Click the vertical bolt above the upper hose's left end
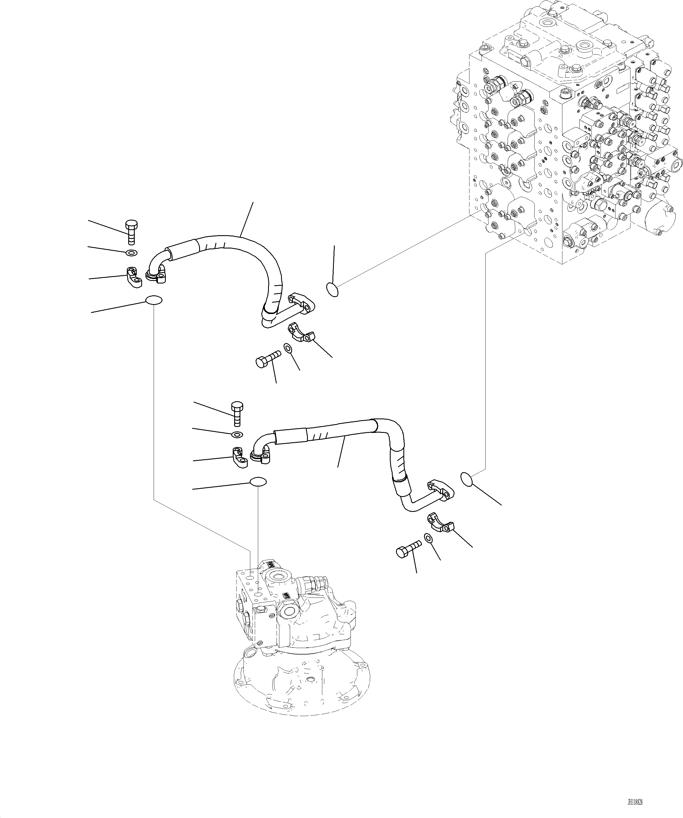pos(132,232)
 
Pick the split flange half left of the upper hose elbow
pos(132,277)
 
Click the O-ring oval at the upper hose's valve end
pos(332,290)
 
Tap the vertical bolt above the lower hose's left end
pos(237,414)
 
